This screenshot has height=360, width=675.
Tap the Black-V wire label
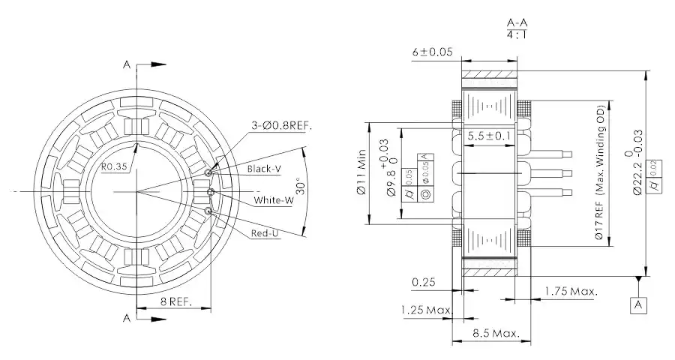click(x=264, y=169)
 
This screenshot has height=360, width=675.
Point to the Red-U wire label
click(x=265, y=234)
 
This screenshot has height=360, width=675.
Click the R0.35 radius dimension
click(x=115, y=167)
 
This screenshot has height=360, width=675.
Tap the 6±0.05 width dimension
click(x=433, y=52)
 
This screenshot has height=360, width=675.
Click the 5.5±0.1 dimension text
click(x=489, y=136)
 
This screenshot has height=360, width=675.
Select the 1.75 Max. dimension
click(x=571, y=290)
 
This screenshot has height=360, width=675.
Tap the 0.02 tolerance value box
click(x=656, y=164)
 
